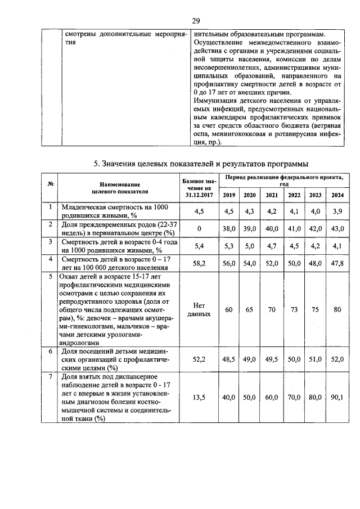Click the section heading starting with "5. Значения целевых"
pyautogui.click(x=200, y=164)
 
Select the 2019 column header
pyautogui.click(x=229, y=195)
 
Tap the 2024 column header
pyautogui.click(x=337, y=195)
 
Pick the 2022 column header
pyautogui.click(x=294, y=195)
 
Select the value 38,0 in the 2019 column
pyautogui.click(x=229, y=229)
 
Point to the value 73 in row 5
pyautogui.click(x=294, y=309)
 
